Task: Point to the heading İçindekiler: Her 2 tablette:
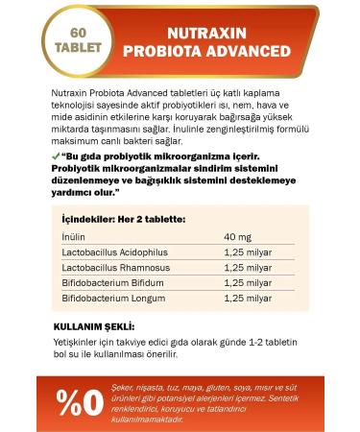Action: click(122, 219)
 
